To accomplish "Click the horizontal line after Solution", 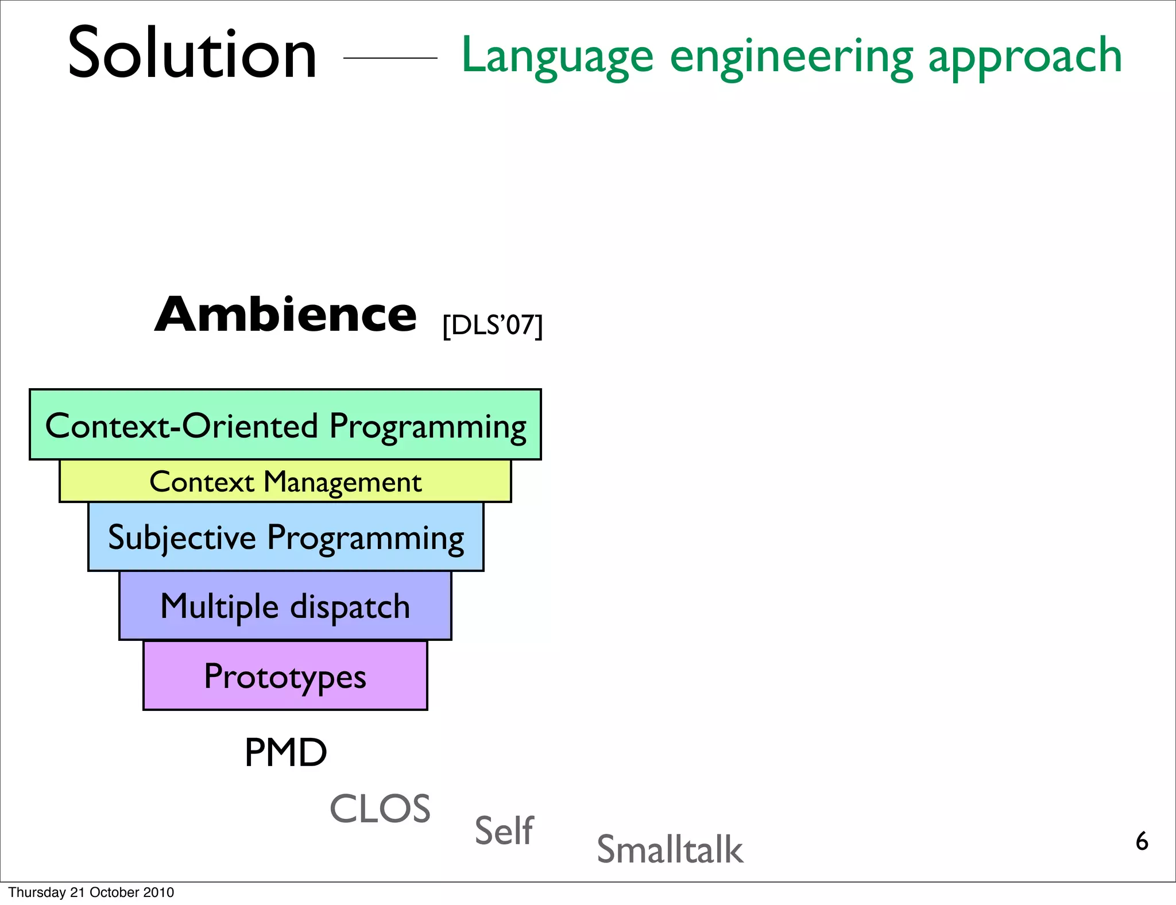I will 390,58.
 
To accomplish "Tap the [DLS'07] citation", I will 492,325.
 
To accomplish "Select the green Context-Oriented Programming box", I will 285,424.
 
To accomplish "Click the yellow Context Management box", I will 285,481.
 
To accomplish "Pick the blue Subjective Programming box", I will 285,537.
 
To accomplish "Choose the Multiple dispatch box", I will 285,606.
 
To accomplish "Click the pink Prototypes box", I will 285,676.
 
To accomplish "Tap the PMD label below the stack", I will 285,752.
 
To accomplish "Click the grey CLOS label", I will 380,809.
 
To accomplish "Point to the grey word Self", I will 504,830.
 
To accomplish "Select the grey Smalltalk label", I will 670,849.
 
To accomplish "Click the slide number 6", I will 1142,841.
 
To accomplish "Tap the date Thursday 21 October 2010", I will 91,892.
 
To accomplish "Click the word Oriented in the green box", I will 249,426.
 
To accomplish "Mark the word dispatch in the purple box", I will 350,607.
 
